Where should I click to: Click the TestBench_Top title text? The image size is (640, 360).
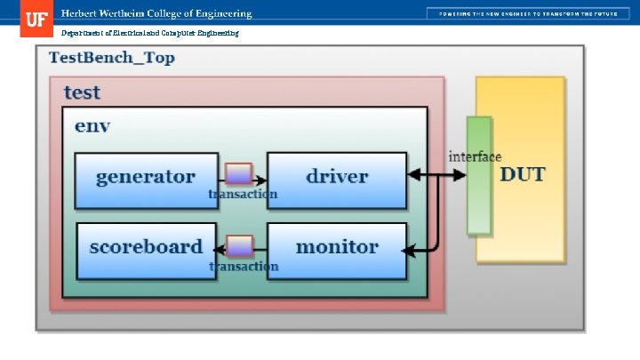click(x=111, y=59)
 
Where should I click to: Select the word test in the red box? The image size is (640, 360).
click(x=82, y=92)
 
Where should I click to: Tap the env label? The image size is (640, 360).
click(x=92, y=125)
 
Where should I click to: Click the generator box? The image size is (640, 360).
click(x=146, y=176)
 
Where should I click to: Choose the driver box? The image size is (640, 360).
click(x=337, y=176)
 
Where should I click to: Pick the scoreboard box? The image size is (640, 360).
click(x=146, y=247)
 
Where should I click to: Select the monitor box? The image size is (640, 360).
click(x=337, y=247)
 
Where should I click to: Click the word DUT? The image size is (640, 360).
click(x=523, y=174)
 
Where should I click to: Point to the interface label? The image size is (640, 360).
click(x=475, y=156)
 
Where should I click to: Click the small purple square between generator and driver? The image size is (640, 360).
click(x=238, y=173)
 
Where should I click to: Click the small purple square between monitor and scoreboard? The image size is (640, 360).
click(x=240, y=246)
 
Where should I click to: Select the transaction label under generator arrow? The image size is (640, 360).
click(x=243, y=194)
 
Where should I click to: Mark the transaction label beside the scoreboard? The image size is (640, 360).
click(x=244, y=266)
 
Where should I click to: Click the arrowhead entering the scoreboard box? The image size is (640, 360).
click(x=222, y=248)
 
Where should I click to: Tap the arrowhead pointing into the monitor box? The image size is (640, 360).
click(x=411, y=249)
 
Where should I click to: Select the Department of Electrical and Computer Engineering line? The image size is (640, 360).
click(x=149, y=33)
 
